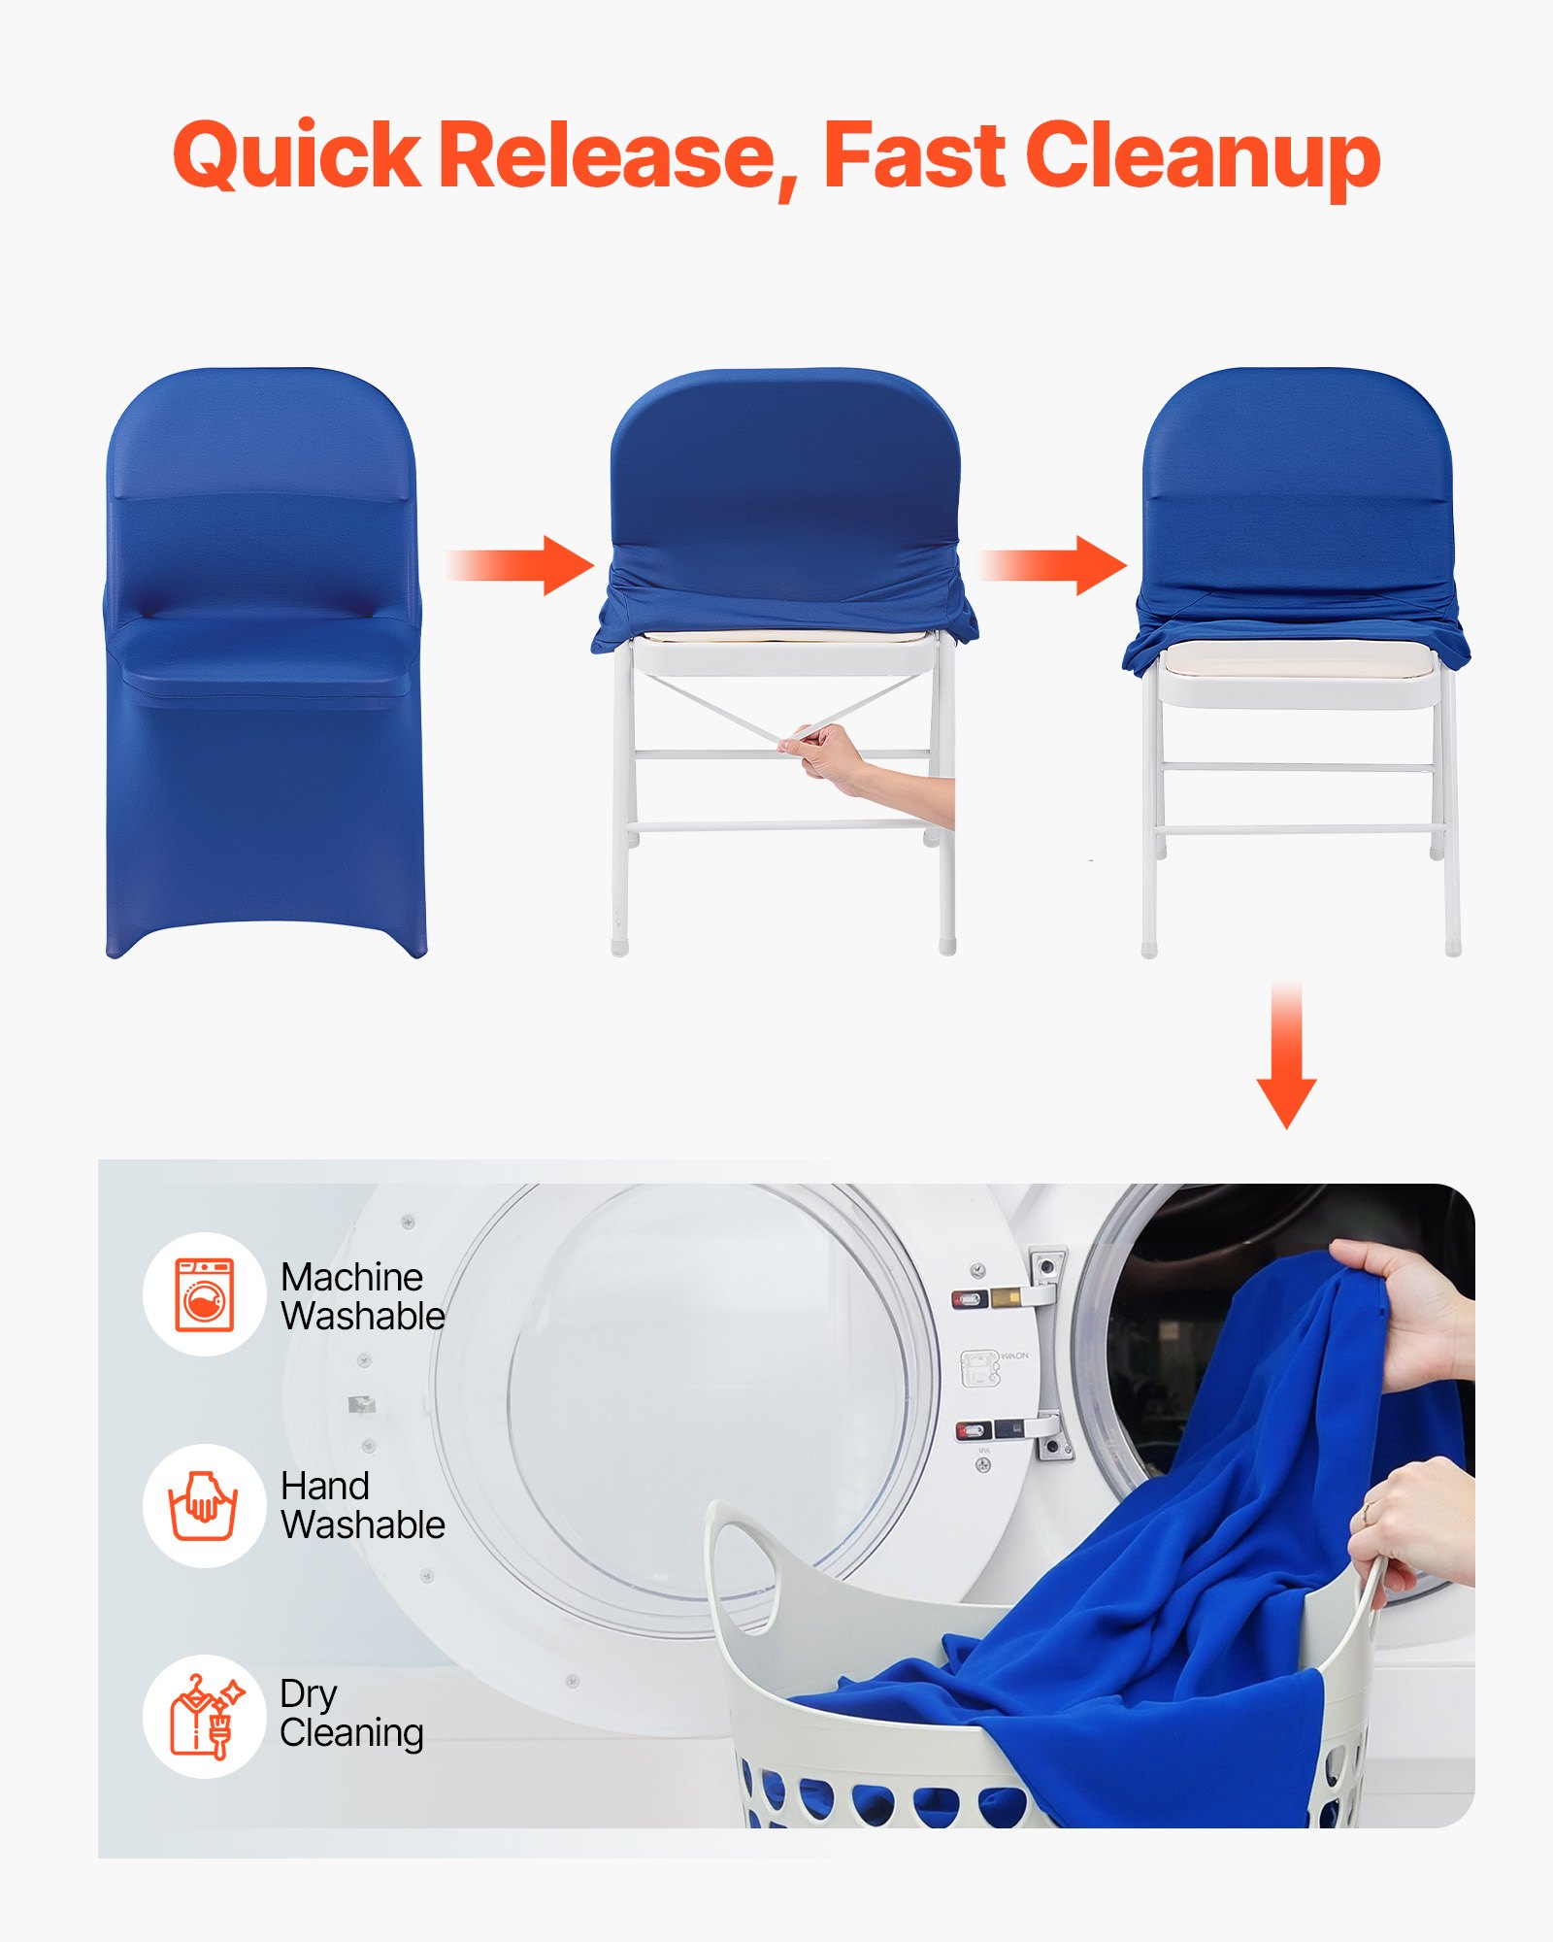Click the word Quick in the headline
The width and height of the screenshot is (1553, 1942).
pos(296,155)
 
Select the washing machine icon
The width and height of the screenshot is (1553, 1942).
pos(205,1294)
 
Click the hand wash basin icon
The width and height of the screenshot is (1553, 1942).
pos(205,1505)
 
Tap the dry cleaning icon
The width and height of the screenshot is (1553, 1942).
pos(205,1717)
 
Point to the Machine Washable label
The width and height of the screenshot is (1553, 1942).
pos(361,1296)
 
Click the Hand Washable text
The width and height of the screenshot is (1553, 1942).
pos(361,1505)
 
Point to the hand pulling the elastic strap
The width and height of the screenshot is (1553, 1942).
pos(825,753)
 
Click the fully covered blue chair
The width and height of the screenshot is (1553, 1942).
pos(264,660)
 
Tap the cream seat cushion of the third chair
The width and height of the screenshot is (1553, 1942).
pos(1296,660)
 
